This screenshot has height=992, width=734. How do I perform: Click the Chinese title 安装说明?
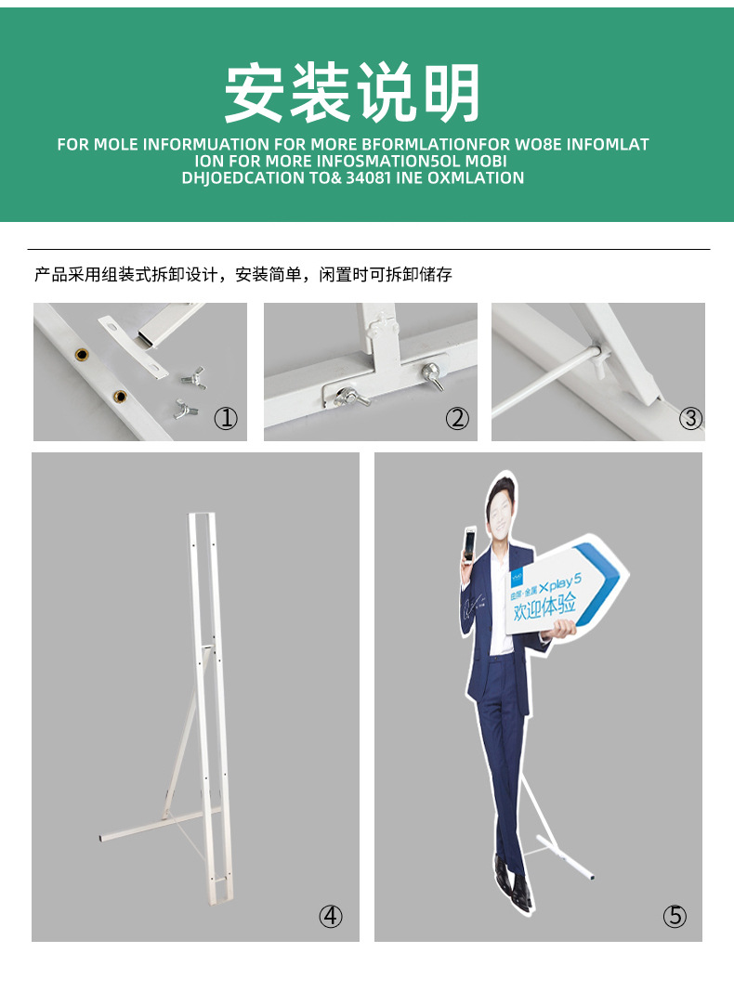pos(352,93)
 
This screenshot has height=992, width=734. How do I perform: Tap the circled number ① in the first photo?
pos(226,418)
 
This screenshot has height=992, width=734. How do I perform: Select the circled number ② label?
pos(457,418)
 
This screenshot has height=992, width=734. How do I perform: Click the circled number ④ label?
pos(331,916)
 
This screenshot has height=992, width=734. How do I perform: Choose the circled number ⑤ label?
pos(675,916)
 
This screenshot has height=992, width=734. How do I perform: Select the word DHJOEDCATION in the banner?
pos(238,177)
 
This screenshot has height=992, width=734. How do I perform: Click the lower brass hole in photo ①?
pos(119,397)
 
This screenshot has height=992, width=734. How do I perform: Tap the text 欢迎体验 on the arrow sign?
pos(544,607)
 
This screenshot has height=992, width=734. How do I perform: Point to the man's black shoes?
pos(511,882)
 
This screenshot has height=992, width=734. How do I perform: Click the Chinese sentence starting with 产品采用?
pos(243,275)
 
